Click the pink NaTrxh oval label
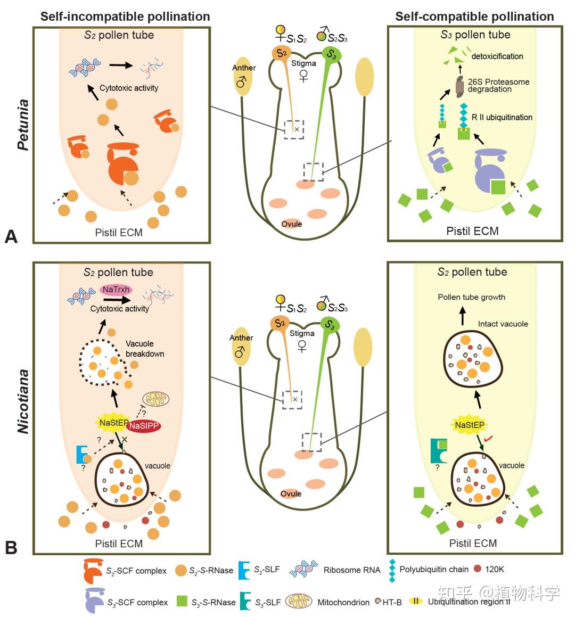click(x=116, y=290)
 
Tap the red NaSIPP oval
click(x=144, y=426)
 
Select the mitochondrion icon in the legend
click(x=299, y=602)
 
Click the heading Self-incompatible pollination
click(x=125, y=16)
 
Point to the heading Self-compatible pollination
click(x=474, y=16)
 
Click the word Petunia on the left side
click(x=23, y=125)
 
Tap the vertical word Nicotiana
click(x=23, y=401)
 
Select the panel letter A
click(x=11, y=236)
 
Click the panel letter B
click(x=11, y=548)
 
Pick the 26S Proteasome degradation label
click(x=498, y=85)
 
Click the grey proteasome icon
click(x=459, y=87)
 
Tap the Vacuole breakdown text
click(x=145, y=349)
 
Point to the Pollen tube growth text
click(x=472, y=297)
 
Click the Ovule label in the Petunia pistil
click(x=292, y=224)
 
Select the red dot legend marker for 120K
click(x=478, y=568)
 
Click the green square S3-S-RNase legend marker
click(x=182, y=601)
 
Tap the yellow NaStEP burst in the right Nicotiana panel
click(x=469, y=425)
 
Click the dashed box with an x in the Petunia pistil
click(x=294, y=129)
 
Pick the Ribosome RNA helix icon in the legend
click(x=303, y=569)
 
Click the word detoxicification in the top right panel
click(x=497, y=56)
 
